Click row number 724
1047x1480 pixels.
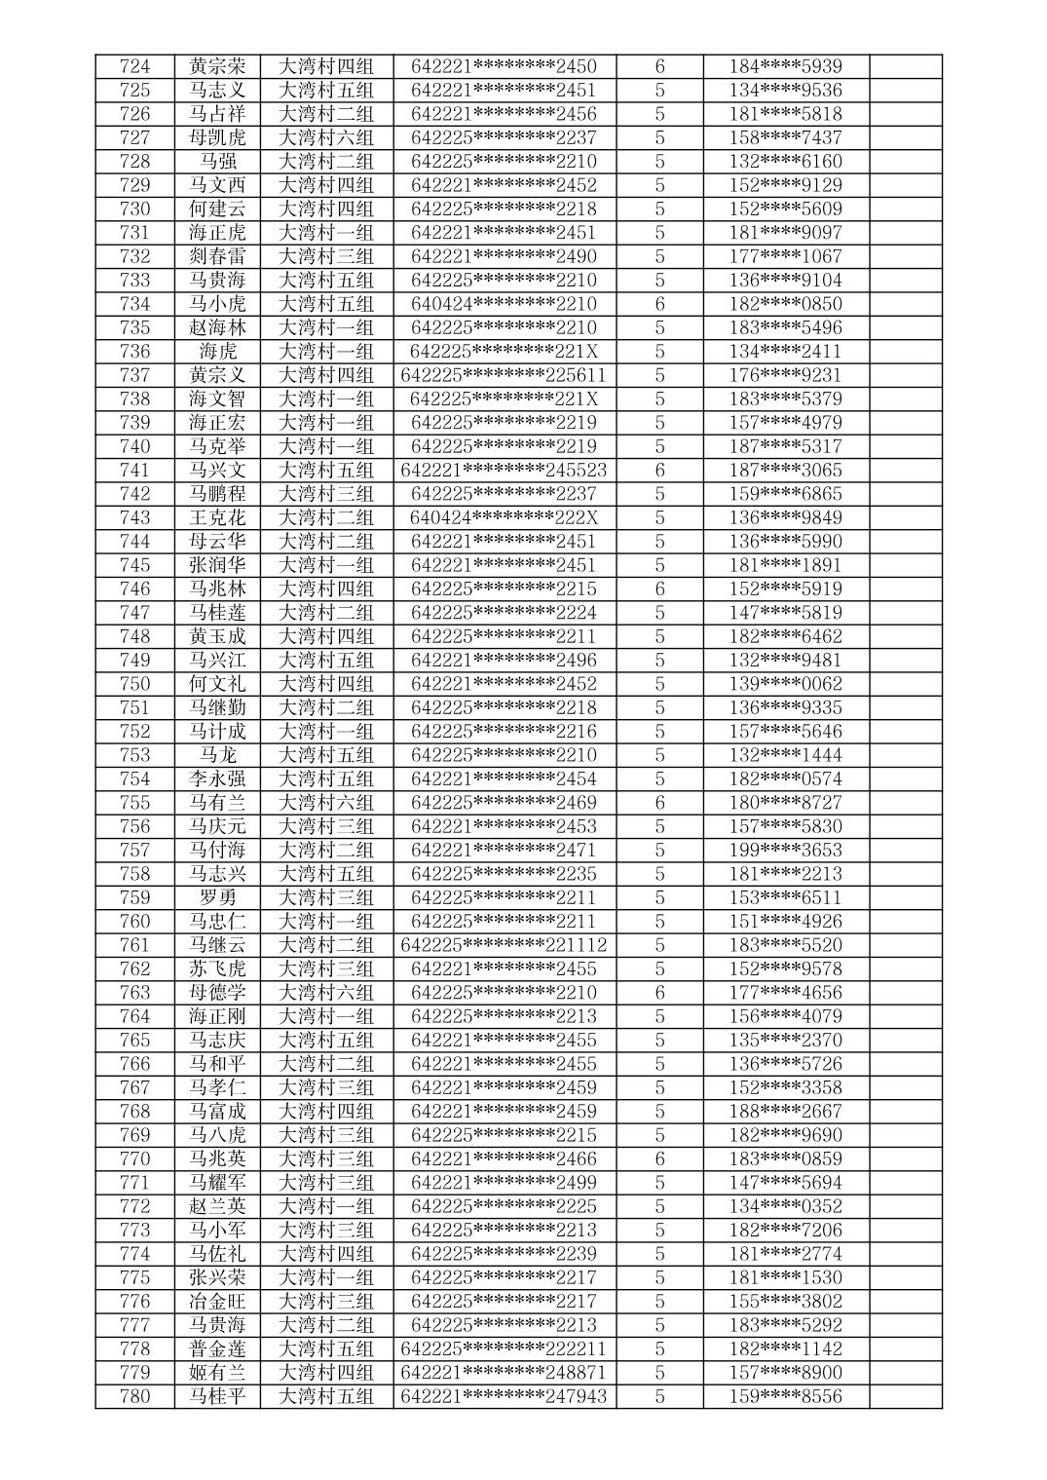[x=134, y=66]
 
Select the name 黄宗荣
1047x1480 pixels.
[x=217, y=66]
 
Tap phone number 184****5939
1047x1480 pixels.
[x=785, y=66]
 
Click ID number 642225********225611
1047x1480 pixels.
[x=504, y=375]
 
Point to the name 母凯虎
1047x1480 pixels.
[x=217, y=137]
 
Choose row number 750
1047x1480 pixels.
[x=134, y=684]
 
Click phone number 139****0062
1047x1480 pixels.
[x=785, y=684]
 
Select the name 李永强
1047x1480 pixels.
[x=217, y=778]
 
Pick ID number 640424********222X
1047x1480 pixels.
[x=504, y=517]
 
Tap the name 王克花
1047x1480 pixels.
[x=217, y=517]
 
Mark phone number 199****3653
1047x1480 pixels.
[x=785, y=850]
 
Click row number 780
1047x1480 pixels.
[x=134, y=1396]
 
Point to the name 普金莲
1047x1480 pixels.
[x=217, y=1348]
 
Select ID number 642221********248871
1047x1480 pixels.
[x=504, y=1373]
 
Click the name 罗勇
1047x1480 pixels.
[x=217, y=897]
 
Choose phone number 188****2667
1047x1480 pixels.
[x=785, y=1111]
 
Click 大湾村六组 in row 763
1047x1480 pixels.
[x=326, y=993]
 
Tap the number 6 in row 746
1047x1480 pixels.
[x=659, y=588]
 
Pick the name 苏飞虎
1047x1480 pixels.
[x=217, y=968]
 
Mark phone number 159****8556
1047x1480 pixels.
[x=785, y=1396]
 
